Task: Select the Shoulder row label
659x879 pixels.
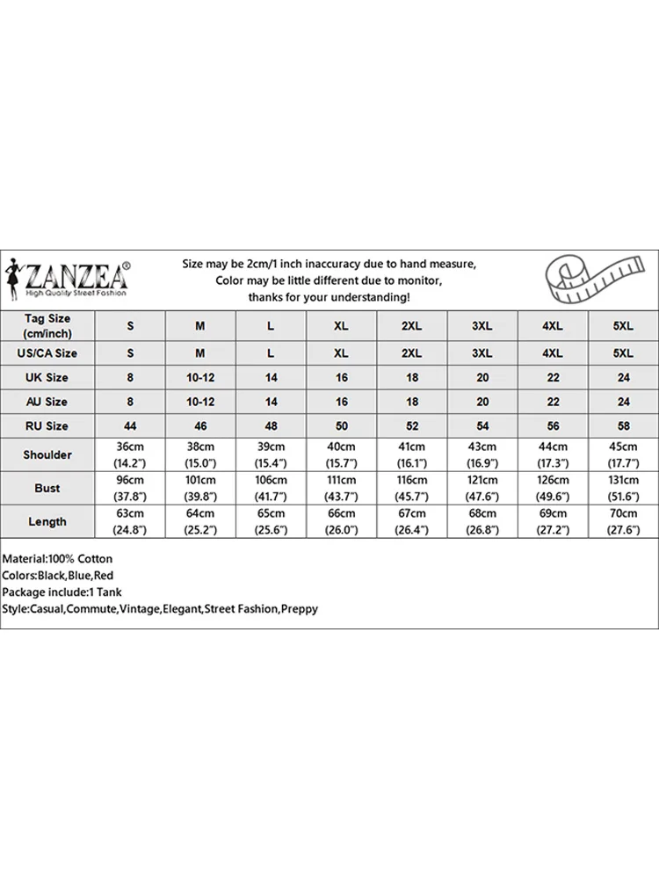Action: pyautogui.click(x=47, y=454)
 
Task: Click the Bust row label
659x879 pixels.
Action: pyautogui.click(x=47, y=488)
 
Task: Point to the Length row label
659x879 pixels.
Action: pyautogui.click(x=47, y=521)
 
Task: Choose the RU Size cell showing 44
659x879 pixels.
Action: pyautogui.click(x=130, y=426)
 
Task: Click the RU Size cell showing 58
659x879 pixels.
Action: pyautogui.click(x=623, y=426)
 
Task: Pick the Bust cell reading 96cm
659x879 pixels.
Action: pyautogui.click(x=130, y=488)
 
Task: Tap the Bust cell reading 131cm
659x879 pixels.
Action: pyautogui.click(x=623, y=488)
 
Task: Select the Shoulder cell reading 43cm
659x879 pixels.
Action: pyautogui.click(x=482, y=454)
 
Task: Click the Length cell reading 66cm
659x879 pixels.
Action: pyautogui.click(x=341, y=521)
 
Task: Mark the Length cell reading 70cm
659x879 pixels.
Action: pyautogui.click(x=623, y=521)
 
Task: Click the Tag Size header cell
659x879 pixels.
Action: pyautogui.click(x=47, y=325)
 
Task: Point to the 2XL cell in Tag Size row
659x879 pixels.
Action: pyautogui.click(x=411, y=326)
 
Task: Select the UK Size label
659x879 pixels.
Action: pyautogui.click(x=47, y=377)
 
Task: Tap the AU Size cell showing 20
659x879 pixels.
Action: pyautogui.click(x=482, y=402)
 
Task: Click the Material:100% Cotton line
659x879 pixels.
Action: pyautogui.click(x=58, y=558)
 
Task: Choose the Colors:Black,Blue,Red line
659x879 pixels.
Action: pyautogui.click(x=58, y=575)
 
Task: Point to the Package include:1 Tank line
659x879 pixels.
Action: pyautogui.click(x=64, y=592)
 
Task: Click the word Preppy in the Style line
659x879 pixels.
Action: pyautogui.click(x=299, y=608)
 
